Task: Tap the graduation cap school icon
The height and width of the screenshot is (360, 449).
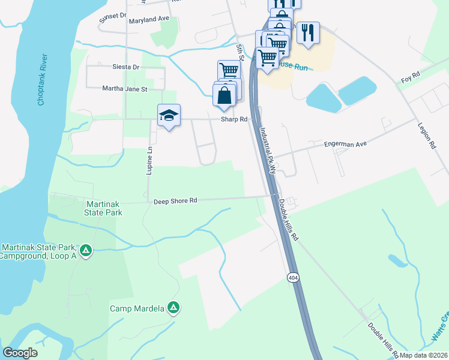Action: tap(169, 115)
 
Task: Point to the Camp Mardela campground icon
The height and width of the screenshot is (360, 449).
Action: tap(173, 308)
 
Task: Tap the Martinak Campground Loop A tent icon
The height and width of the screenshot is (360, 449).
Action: tap(85, 250)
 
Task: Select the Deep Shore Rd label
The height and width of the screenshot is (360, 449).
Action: tap(175, 202)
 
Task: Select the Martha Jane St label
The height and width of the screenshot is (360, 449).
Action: tap(125, 89)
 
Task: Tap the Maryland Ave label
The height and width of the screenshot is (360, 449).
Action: tap(149, 19)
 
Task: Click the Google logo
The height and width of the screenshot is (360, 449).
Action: tap(20, 353)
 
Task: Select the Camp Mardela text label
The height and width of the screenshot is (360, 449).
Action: tap(136, 309)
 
